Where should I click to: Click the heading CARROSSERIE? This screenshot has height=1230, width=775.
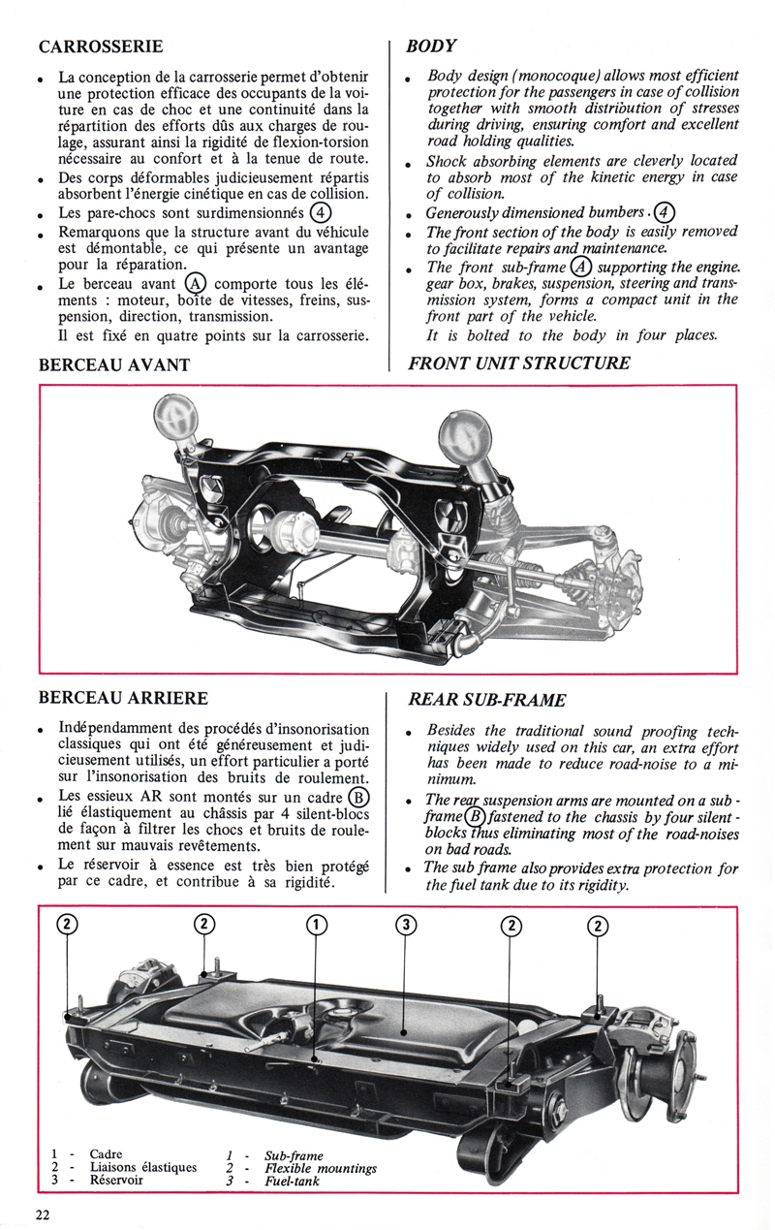(100, 46)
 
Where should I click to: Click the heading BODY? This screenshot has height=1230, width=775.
(431, 46)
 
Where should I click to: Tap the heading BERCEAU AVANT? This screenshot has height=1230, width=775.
(113, 364)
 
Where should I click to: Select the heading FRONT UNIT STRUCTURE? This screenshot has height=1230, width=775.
(518, 363)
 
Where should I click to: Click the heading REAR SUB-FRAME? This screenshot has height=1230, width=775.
(486, 699)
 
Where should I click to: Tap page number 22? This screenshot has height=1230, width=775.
(44, 1215)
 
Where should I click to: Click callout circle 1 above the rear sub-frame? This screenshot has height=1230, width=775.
(317, 925)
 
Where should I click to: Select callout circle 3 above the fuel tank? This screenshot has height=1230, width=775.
(406, 925)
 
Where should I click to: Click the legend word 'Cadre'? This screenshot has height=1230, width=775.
(106, 1154)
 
